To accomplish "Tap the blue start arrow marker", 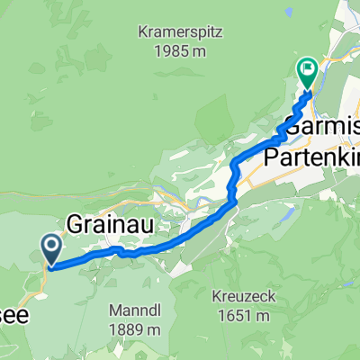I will coord(51,245).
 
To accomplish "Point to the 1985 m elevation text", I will coord(180,52).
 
